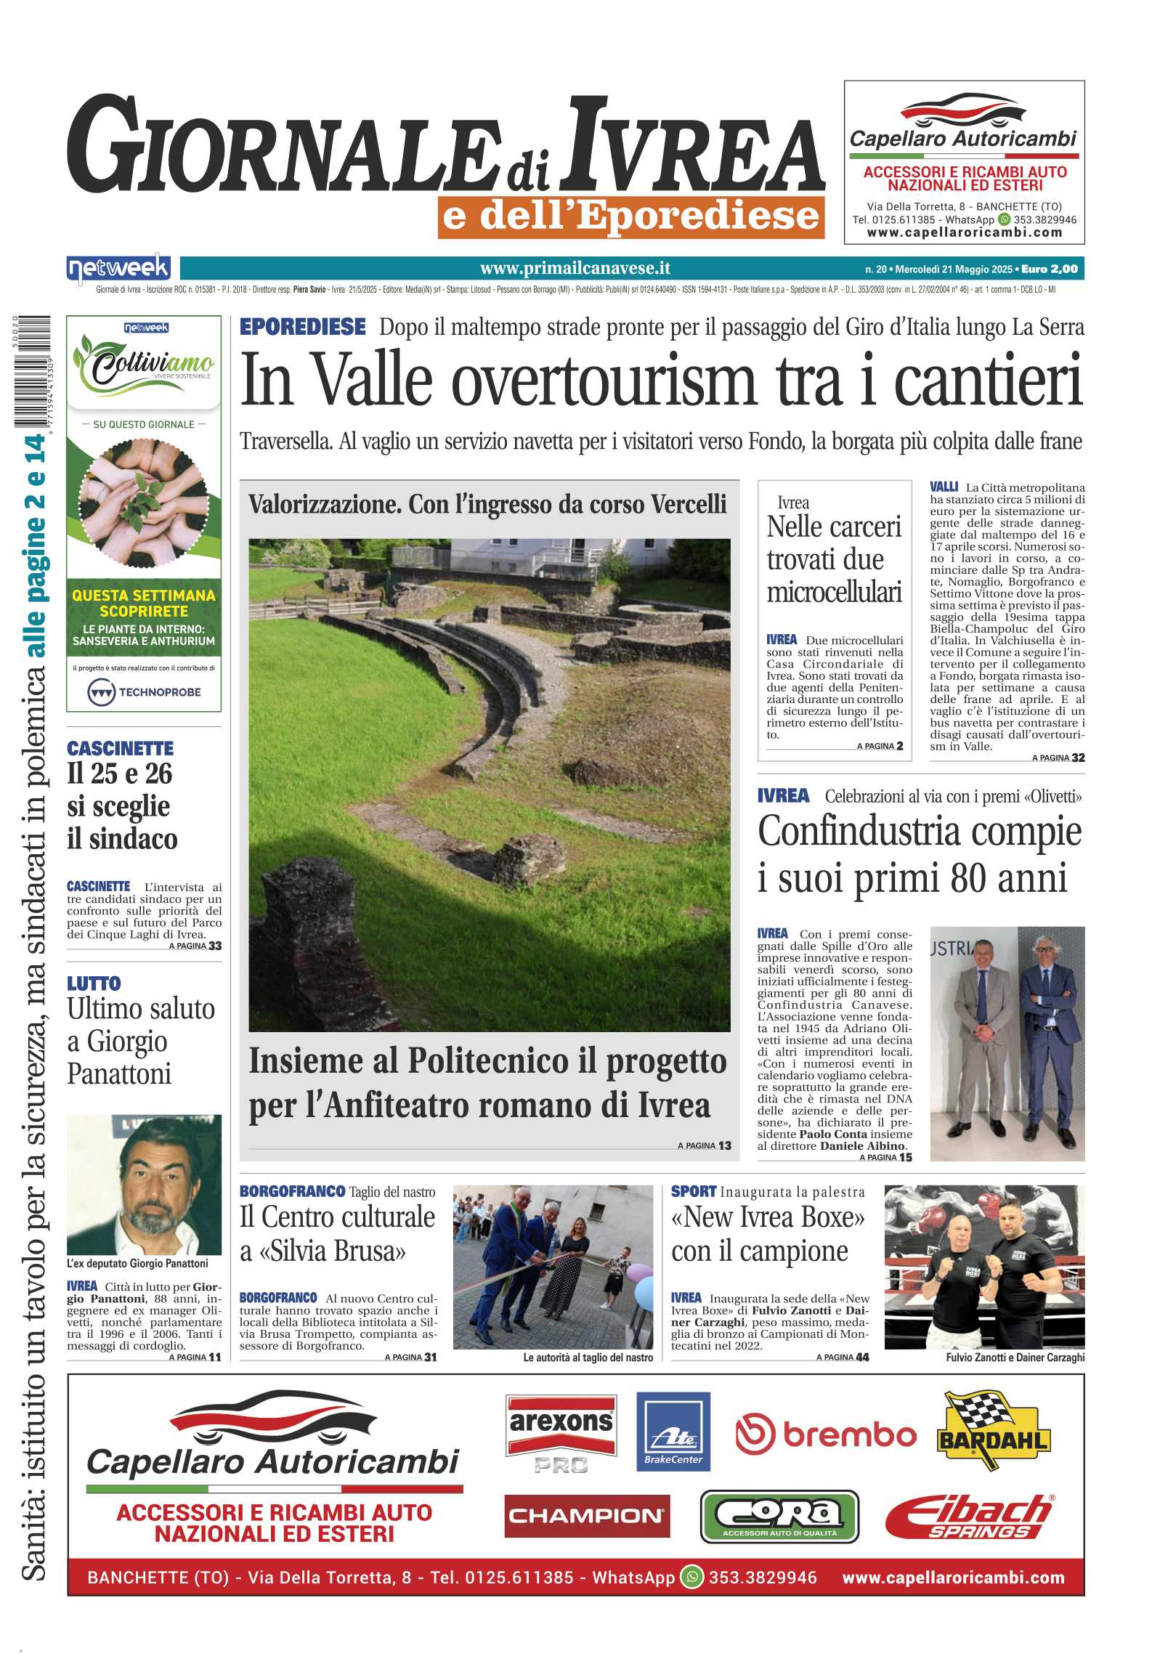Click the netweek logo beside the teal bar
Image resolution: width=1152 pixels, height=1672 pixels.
[x=118, y=269]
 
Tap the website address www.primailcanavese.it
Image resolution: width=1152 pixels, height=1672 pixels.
[x=575, y=269]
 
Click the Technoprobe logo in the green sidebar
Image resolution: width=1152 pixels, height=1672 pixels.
[x=144, y=692]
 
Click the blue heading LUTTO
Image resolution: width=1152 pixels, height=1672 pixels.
[x=94, y=983]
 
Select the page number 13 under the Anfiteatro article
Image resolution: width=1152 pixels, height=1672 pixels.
[x=724, y=1145]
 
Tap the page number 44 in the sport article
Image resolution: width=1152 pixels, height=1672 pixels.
[x=861, y=1357]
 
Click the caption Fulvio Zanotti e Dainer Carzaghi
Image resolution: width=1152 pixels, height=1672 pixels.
[x=1015, y=1357]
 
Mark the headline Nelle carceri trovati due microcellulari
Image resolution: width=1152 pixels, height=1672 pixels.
[x=834, y=559]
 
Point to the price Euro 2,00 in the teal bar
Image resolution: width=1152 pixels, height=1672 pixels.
[x=1049, y=269]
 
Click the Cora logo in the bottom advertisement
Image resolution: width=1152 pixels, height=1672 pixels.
[x=779, y=1516]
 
